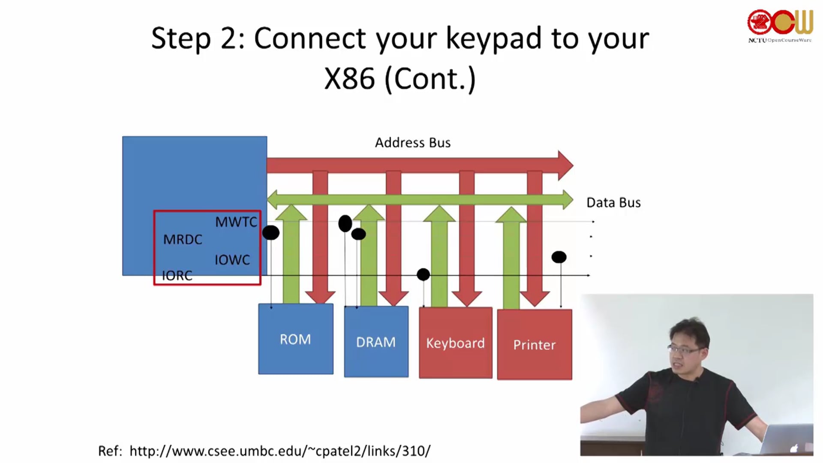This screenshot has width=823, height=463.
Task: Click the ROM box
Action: point(296,339)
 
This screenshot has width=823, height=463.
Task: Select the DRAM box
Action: point(376,342)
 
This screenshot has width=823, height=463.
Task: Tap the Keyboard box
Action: point(455,343)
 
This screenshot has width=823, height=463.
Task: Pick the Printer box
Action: point(534,344)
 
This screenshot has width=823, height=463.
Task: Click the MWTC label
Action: point(236,222)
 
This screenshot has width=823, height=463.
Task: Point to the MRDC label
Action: point(183,239)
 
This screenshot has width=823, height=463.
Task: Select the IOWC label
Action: point(232,260)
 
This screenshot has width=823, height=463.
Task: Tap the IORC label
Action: point(177,276)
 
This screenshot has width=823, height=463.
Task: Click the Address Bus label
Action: point(412,142)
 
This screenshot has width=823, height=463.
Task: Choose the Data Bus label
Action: point(613,202)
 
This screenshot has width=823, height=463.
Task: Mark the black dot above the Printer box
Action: point(559,257)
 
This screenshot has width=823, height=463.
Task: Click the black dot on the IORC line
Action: point(423,274)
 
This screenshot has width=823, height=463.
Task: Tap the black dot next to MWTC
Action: point(270,233)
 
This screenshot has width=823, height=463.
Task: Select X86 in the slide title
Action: point(349,79)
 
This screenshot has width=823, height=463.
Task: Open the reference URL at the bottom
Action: point(279,451)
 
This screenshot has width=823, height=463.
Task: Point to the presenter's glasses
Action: point(685,350)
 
